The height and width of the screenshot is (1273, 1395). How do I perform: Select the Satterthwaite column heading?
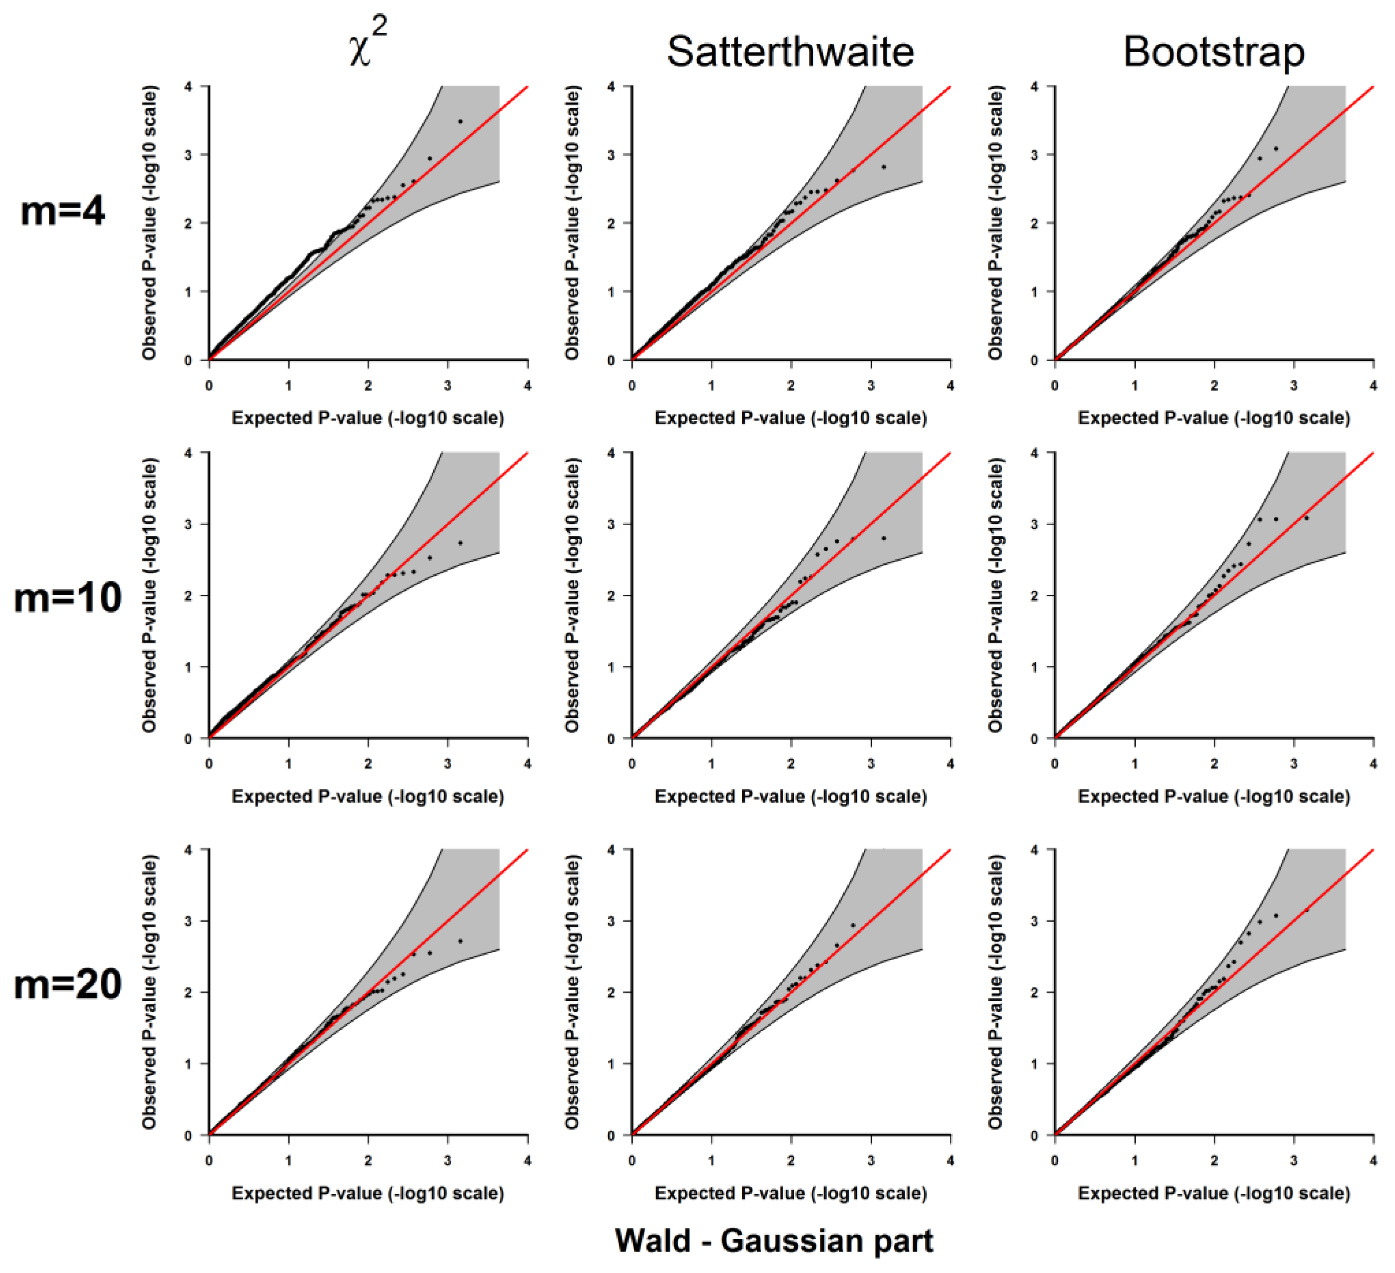click(790, 52)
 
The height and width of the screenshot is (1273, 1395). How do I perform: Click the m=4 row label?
click(63, 211)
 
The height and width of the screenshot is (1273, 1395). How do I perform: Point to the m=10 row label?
click(68, 598)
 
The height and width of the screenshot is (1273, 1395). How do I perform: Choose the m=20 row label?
click(68, 985)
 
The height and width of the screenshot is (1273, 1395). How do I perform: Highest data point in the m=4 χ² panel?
click(460, 122)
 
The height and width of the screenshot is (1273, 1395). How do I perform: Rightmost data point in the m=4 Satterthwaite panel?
click(884, 167)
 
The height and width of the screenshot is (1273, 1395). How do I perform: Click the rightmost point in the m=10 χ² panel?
click(460, 543)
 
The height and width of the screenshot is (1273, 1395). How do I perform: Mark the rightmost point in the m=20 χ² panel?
click(460, 941)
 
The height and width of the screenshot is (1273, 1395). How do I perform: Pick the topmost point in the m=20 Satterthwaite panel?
click(853, 925)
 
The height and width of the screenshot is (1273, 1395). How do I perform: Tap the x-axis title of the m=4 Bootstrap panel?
click(1214, 418)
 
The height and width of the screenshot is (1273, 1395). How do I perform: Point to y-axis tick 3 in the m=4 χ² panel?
click(188, 155)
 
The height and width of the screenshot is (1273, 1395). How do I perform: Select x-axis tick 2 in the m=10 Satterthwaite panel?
click(791, 764)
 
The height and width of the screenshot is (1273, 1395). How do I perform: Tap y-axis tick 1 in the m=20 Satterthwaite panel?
click(611, 1064)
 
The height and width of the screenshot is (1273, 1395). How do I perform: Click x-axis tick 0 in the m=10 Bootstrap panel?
click(1055, 764)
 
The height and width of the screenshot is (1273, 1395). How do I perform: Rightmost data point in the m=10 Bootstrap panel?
click(1307, 517)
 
